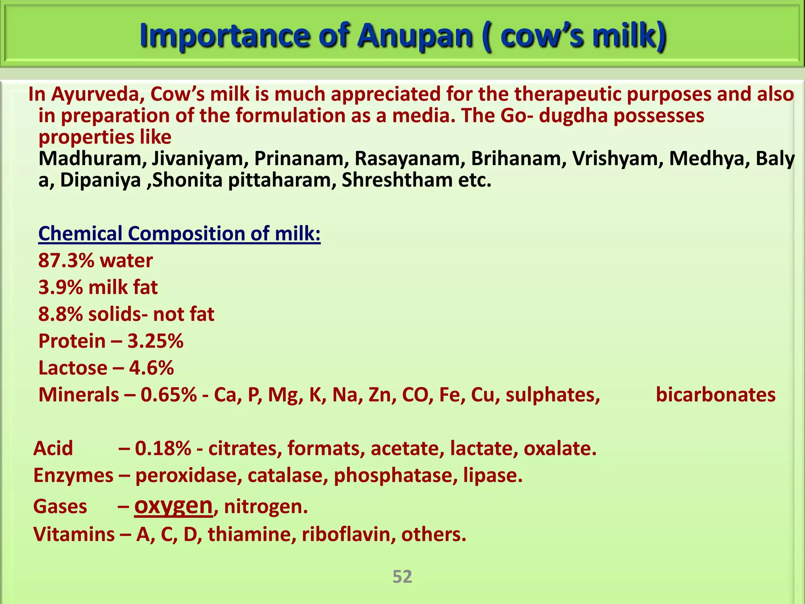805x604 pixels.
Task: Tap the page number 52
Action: (x=402, y=576)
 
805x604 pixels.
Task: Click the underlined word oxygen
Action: (x=173, y=506)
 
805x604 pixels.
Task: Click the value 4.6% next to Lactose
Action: (x=151, y=368)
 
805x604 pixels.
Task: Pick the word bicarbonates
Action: (x=715, y=395)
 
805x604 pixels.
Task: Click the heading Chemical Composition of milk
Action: (x=179, y=234)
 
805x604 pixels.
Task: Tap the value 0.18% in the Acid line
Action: (x=163, y=449)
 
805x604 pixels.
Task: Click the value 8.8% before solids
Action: (x=61, y=315)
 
